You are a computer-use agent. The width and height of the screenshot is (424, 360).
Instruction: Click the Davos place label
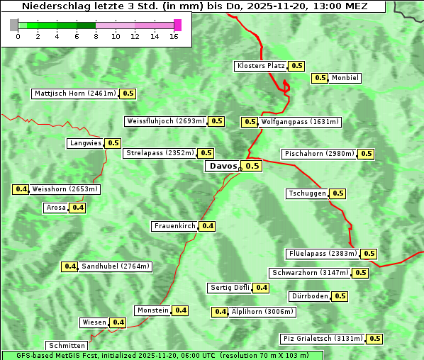point(223,166)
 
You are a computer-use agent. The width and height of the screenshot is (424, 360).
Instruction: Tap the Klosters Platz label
point(260,66)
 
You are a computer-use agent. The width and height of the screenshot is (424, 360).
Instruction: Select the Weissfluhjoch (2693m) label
point(166,121)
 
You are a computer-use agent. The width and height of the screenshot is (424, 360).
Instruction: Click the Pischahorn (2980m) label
point(319,154)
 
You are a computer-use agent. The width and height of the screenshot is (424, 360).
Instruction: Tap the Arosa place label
point(55,208)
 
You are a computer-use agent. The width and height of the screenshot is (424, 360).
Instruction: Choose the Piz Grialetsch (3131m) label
point(323,339)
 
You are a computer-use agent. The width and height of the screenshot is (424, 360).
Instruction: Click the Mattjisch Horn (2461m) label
point(74,94)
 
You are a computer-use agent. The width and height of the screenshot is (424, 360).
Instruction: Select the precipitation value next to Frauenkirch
point(207,226)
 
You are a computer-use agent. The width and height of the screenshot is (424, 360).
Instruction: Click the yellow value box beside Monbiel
point(320,78)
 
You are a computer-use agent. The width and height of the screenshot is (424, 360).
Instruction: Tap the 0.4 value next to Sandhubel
point(69,266)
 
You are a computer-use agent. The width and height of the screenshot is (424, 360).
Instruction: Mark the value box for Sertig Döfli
point(262,287)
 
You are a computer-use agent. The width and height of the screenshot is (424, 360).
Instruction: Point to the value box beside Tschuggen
point(337,193)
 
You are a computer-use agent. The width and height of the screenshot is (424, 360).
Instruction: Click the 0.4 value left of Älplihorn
point(221,311)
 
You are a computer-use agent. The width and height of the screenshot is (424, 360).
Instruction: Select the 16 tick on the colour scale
point(174,36)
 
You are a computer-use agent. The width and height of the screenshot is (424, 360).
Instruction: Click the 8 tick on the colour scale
point(96,36)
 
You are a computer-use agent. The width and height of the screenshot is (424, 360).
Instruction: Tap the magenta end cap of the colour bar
point(177,25)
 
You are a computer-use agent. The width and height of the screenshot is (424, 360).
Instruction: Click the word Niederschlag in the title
point(49,6)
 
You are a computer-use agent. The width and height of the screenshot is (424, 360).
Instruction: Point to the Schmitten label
point(67,346)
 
